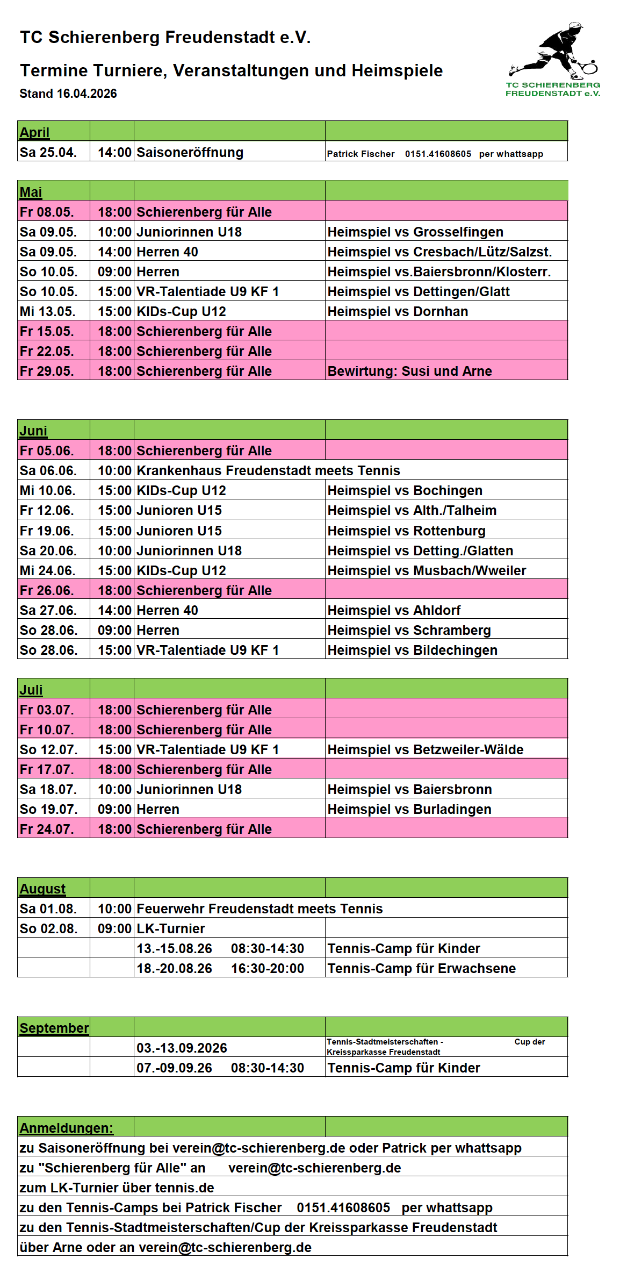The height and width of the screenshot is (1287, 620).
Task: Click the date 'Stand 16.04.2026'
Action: click(x=68, y=94)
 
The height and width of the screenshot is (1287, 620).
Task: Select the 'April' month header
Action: click(x=34, y=132)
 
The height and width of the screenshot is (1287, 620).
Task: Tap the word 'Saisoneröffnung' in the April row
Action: click(x=190, y=153)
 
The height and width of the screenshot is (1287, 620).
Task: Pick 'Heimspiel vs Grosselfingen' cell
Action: click(x=415, y=232)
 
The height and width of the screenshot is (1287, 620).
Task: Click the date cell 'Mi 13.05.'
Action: click(x=48, y=312)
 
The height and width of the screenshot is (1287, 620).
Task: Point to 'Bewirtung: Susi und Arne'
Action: click(x=409, y=371)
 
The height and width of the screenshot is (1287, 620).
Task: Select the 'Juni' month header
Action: click(x=33, y=431)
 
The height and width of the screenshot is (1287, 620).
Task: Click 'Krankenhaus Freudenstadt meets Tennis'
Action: click(x=268, y=471)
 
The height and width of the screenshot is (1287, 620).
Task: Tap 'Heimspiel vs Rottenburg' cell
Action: click(x=406, y=531)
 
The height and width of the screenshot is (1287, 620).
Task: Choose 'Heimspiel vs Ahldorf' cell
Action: click(x=394, y=611)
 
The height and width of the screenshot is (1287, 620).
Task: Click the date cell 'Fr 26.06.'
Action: click(x=47, y=591)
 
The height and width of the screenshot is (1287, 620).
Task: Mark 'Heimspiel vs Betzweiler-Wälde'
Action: click(x=425, y=750)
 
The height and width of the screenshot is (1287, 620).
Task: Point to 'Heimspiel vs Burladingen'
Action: click(x=409, y=810)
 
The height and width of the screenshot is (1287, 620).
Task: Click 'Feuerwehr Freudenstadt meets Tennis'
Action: click(x=259, y=909)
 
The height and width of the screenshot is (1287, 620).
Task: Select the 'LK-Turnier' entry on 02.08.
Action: click(x=171, y=929)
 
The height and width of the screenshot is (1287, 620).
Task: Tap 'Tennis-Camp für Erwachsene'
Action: click(x=421, y=969)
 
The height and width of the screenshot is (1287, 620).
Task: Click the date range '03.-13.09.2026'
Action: click(x=182, y=1048)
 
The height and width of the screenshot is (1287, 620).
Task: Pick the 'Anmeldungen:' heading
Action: click(x=66, y=1128)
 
